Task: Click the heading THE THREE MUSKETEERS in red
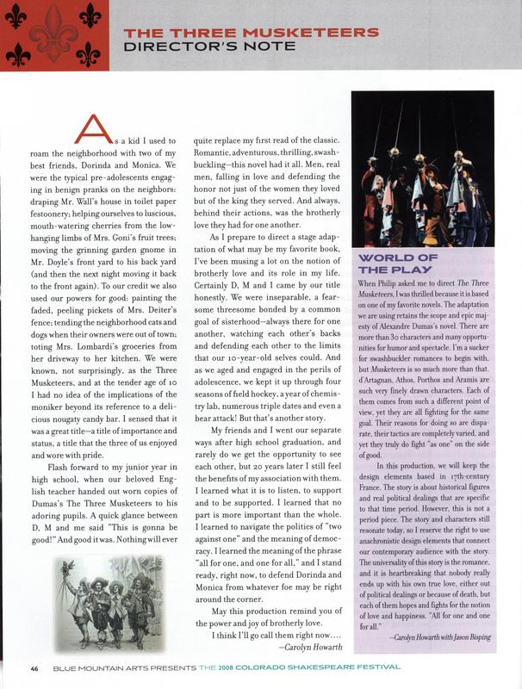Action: coord(251,33)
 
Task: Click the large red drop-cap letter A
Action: coord(93,129)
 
